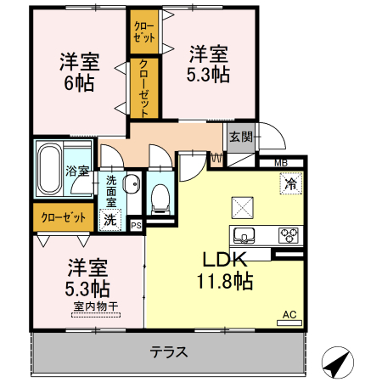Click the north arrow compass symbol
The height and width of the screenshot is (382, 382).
[x=337, y=362]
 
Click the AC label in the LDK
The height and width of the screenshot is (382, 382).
[x=289, y=316]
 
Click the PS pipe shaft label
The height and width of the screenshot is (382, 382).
[x=137, y=224]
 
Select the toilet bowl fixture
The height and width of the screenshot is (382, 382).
[x=159, y=199]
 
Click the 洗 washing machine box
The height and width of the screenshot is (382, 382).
[x=110, y=219]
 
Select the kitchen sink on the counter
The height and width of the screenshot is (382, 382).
[x=246, y=234]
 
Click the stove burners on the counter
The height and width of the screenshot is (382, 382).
[x=289, y=235]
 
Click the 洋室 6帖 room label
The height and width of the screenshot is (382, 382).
[x=79, y=72]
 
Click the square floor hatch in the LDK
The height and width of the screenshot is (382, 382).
[x=242, y=205]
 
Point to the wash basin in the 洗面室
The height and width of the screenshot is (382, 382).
[x=132, y=185]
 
